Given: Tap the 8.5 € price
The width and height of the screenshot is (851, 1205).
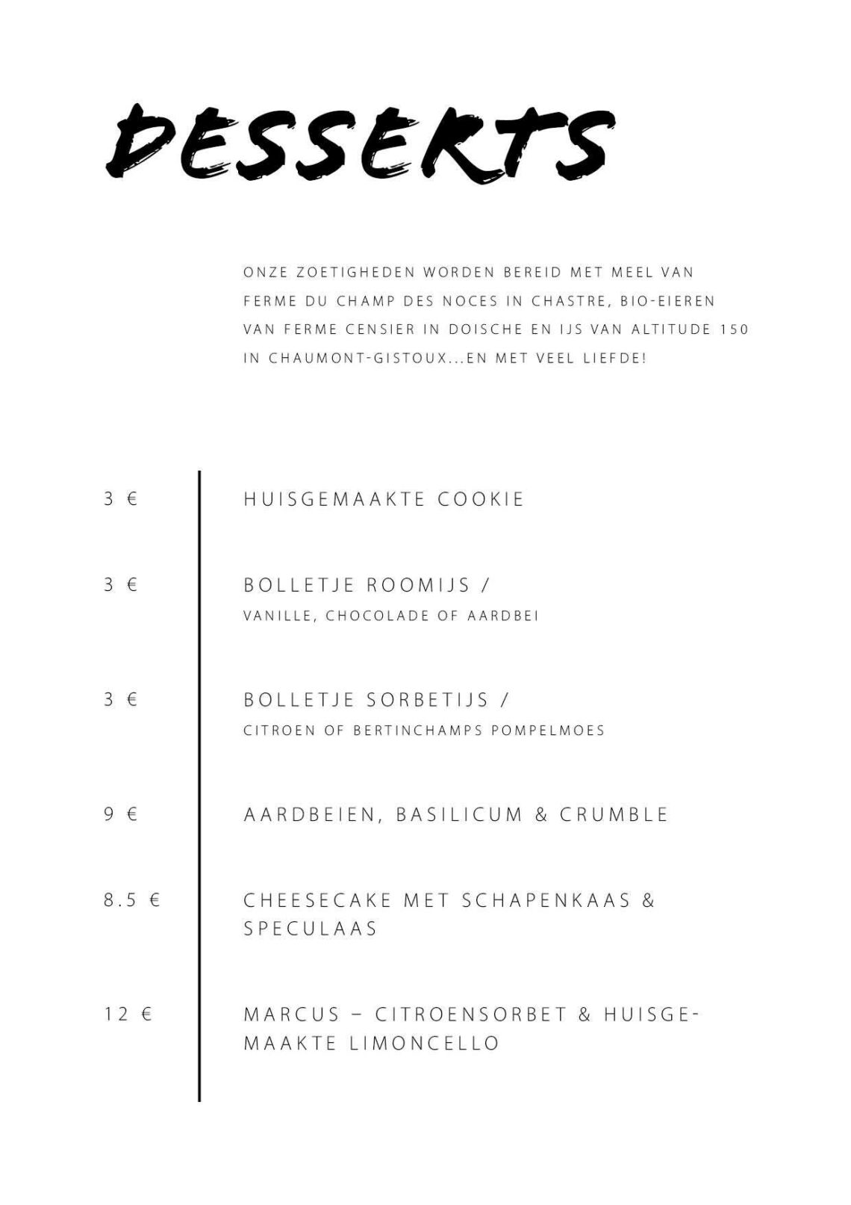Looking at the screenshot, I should coord(131,900).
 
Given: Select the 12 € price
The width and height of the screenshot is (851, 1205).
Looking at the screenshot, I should coord(128,1015).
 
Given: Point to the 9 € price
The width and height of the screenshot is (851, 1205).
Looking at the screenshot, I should coord(120,814).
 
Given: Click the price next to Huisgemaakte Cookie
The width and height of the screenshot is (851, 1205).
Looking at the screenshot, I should coord(120,499).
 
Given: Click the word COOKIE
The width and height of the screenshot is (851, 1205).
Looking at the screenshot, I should coord(481,499).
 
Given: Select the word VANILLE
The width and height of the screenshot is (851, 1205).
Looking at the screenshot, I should coord(280,616).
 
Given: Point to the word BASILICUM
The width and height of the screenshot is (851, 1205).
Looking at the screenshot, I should coord(459,814).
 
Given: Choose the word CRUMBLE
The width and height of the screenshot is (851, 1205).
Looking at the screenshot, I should coord(614,814).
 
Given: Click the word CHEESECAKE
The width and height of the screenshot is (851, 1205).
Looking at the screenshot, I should coord(317,900).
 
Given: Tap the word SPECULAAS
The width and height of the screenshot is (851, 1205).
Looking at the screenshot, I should coord(311,929).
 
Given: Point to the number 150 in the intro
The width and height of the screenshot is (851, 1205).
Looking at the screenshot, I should coord(734,329).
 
